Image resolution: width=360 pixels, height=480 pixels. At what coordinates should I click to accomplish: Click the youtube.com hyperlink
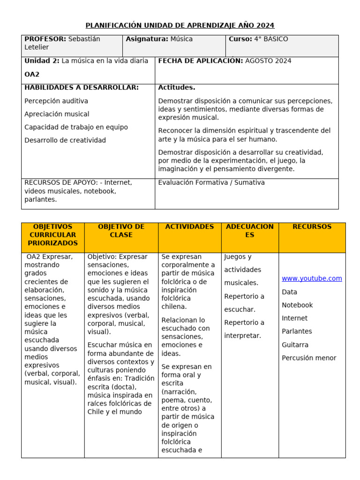click(x=312, y=278)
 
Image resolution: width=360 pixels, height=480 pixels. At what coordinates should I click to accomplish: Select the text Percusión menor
click(x=309, y=358)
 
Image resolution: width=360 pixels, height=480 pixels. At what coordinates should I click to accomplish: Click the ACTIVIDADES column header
click(x=189, y=227)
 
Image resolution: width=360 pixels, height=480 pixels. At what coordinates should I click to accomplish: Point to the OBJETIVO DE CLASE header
click(x=121, y=231)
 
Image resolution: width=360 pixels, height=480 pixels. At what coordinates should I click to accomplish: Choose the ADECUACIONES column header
click(x=249, y=231)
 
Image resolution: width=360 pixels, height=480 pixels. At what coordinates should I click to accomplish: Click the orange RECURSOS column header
click(x=312, y=227)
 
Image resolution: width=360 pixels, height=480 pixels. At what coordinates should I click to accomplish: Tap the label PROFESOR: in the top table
click(x=45, y=39)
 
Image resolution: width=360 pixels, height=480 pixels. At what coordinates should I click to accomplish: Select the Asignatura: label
click(x=147, y=39)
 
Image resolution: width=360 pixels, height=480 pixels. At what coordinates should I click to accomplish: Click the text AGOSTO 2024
click(x=268, y=61)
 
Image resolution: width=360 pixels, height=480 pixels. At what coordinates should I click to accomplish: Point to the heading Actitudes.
click(x=177, y=88)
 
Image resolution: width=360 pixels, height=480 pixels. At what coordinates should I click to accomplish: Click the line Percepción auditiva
click(x=56, y=101)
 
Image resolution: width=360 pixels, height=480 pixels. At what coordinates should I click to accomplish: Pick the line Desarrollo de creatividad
click(x=65, y=140)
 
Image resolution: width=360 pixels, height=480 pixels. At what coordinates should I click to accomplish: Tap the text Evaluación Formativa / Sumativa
click(x=211, y=182)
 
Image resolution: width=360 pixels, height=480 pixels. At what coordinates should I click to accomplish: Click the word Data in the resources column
click(x=289, y=292)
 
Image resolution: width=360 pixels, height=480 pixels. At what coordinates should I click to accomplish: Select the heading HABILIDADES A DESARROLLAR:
click(x=81, y=88)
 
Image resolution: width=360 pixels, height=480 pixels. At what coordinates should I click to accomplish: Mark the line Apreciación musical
click(x=56, y=114)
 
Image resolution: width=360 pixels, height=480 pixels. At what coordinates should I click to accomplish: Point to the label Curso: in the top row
click(x=240, y=39)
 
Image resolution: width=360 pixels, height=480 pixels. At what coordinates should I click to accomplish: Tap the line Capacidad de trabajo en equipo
click(x=76, y=127)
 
